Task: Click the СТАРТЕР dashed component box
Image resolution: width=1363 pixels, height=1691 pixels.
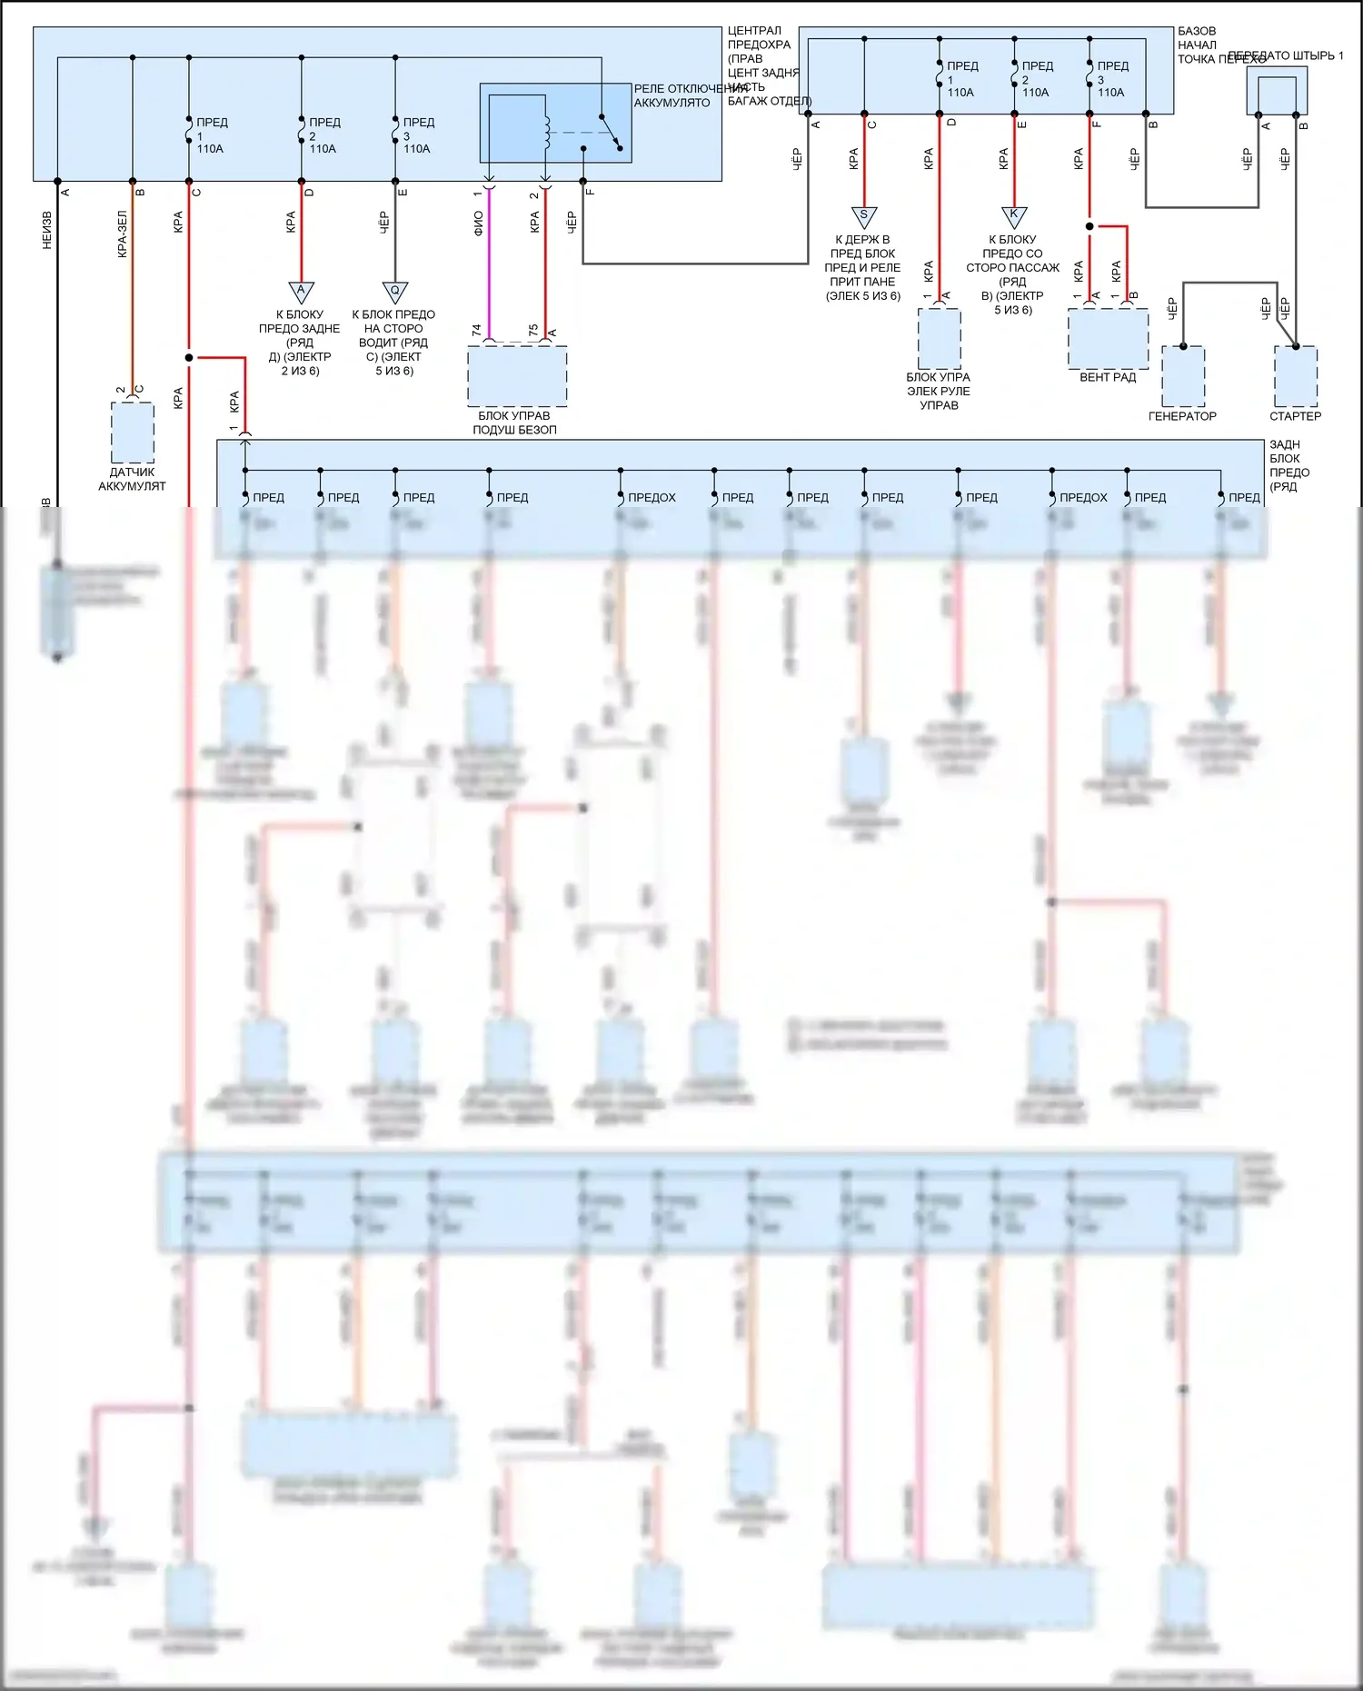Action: coord(1296,376)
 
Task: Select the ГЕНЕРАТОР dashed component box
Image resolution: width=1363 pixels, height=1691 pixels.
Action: coord(1183,376)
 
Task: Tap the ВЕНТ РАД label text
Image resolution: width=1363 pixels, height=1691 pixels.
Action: coord(1108,377)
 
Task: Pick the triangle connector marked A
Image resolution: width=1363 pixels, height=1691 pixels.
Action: coord(301,292)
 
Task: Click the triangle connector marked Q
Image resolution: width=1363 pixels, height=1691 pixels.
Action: coord(394,292)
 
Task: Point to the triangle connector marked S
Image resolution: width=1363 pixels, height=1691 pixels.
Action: coord(863,217)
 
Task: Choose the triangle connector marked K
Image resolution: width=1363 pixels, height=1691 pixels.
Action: coord(1013,216)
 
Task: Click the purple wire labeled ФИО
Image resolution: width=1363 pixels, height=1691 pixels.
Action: coord(489,273)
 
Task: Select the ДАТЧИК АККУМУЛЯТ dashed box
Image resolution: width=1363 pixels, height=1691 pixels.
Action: coord(133,433)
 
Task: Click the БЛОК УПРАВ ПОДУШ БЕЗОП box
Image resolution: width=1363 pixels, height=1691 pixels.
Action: coord(517,375)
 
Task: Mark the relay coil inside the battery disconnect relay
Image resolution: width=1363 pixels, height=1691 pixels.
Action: coord(546,132)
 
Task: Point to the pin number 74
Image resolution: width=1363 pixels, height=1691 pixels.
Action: coord(476,331)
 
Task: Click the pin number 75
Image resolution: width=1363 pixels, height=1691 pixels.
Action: coord(533,330)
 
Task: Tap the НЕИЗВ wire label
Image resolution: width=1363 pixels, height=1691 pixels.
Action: coord(47,231)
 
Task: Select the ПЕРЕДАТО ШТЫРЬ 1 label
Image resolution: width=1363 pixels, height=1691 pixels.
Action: coord(1285,55)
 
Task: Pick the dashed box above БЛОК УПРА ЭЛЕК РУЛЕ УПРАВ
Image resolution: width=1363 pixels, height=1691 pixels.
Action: coord(939,338)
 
